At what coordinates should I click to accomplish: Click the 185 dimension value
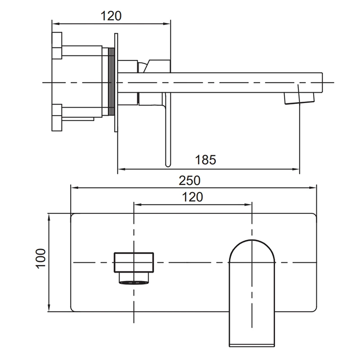[206, 160]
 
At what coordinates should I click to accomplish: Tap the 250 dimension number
[189, 180]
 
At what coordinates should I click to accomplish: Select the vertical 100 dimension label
[41, 258]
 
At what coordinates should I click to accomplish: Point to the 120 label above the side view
[111, 16]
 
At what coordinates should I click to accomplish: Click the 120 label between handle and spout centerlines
[193, 197]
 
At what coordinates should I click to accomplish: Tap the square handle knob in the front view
[134, 262]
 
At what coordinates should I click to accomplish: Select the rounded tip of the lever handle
[168, 163]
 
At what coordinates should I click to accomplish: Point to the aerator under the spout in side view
[299, 98]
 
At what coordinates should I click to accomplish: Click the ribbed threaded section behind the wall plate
[111, 81]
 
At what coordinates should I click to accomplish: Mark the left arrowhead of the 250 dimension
[74, 188]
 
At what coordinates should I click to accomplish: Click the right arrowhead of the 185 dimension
[296, 169]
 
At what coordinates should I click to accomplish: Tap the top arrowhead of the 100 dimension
[49, 217]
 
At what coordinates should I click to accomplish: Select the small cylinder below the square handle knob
[134, 278]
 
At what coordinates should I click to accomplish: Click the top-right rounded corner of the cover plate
[314, 216]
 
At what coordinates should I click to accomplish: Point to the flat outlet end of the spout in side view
[322, 83]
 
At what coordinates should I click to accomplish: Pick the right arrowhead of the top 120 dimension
[166, 23]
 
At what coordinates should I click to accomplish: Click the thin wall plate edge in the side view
[116, 83]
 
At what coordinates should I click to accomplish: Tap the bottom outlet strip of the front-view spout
[252, 345]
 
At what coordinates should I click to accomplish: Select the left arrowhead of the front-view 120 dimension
[137, 205]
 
